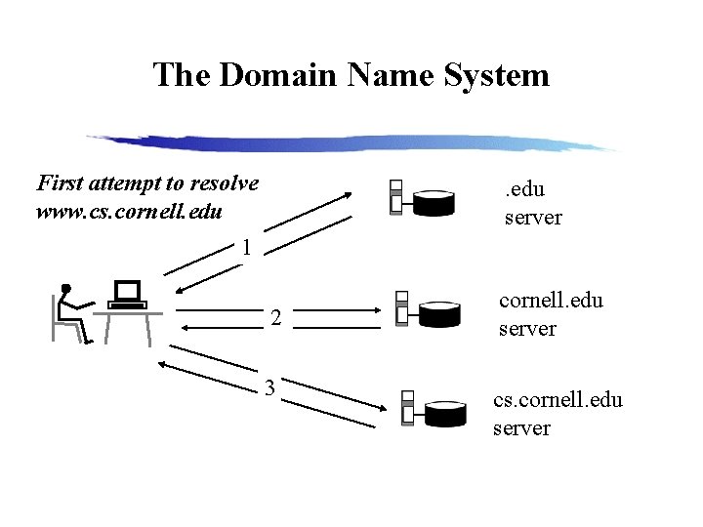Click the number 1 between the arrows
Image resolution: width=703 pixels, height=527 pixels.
point(248,248)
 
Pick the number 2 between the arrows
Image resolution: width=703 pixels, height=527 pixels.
point(276,318)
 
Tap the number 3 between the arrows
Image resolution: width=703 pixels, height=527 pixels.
point(270,389)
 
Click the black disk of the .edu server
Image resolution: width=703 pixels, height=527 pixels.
point(434,203)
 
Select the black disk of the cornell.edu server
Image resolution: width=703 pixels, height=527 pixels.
point(439,313)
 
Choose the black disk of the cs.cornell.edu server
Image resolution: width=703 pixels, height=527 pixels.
point(446,415)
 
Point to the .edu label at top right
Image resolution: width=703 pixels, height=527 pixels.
point(524,191)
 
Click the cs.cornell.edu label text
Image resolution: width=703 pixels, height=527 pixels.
point(558,400)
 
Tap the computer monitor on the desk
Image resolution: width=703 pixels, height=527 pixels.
point(127,291)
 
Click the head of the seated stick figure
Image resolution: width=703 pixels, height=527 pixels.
point(65,288)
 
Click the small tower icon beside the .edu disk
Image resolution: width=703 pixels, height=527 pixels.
point(395,197)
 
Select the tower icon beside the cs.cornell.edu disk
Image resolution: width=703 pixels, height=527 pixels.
point(407,410)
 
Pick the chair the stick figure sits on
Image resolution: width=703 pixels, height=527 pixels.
point(61,322)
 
